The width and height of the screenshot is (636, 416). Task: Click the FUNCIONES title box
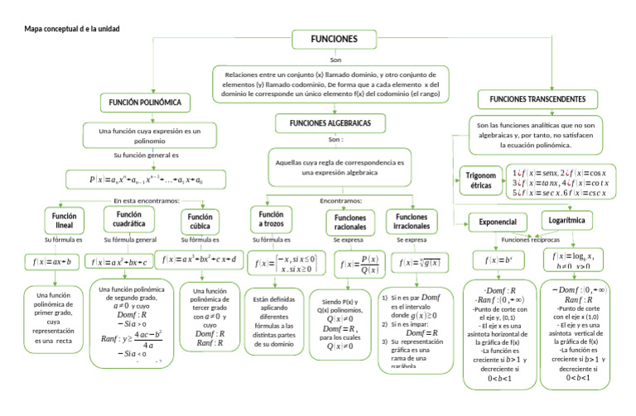334,40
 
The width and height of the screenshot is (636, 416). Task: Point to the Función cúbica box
198,221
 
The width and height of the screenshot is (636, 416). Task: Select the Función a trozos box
271,219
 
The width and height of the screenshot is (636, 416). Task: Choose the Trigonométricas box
479,181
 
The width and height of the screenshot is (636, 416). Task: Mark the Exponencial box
497,222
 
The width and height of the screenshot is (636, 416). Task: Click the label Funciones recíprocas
529,239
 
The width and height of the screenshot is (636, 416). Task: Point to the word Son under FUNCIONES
335,60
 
